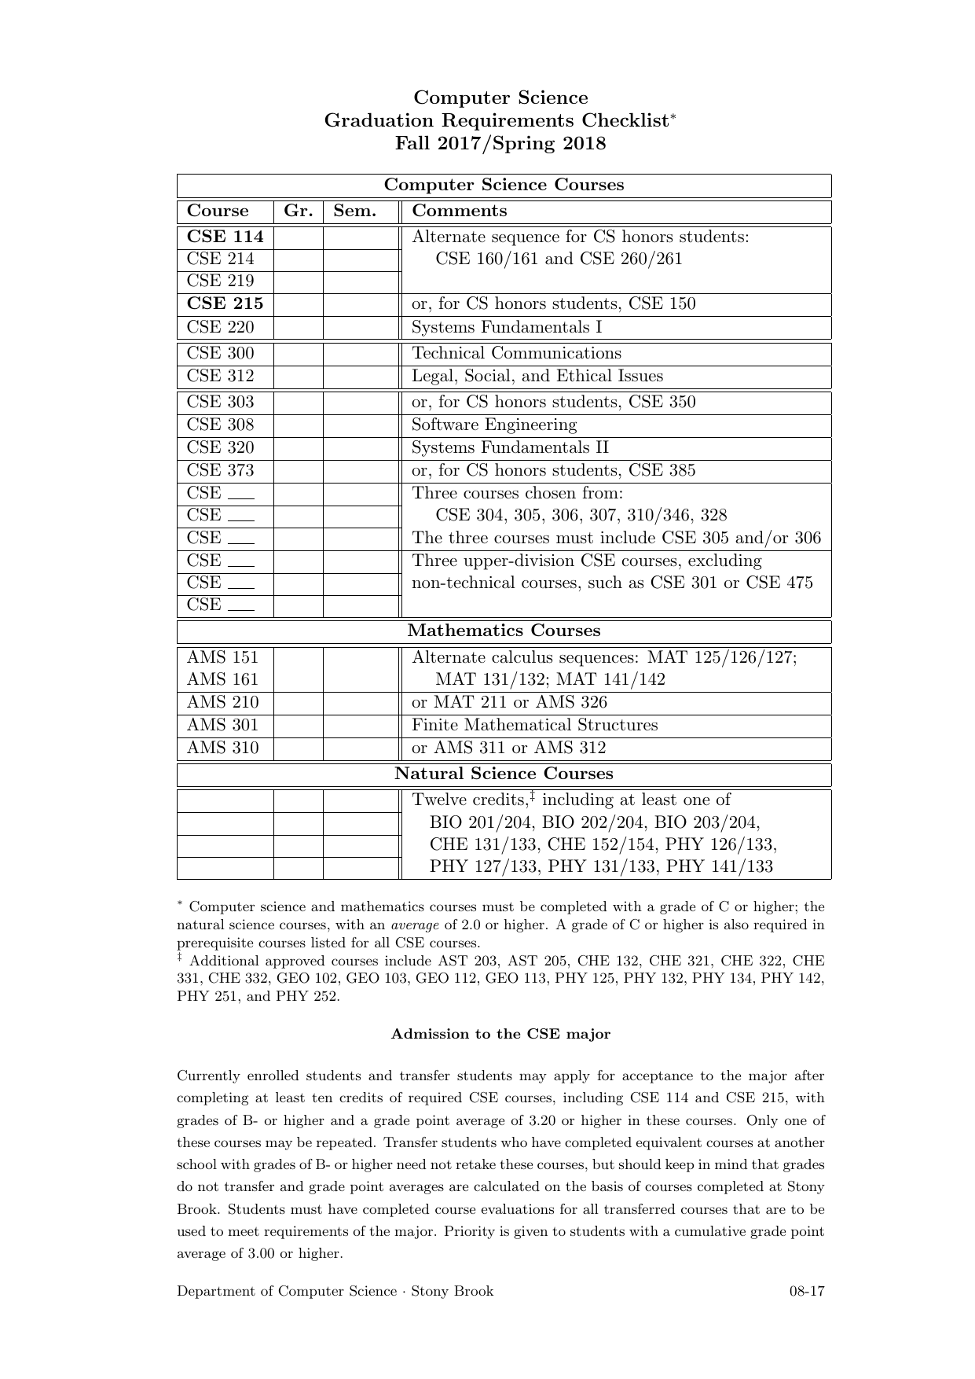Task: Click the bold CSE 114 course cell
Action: click(x=225, y=237)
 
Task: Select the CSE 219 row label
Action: click(x=220, y=281)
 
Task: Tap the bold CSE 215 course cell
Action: click(x=225, y=304)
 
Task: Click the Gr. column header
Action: click(x=299, y=211)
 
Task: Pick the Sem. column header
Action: click(x=355, y=211)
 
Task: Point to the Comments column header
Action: click(x=460, y=211)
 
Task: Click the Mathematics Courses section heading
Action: click(x=504, y=631)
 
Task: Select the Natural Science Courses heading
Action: click(x=504, y=774)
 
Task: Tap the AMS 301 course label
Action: click(x=222, y=726)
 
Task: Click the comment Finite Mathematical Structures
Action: click(x=535, y=726)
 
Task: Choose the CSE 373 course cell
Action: click(x=220, y=471)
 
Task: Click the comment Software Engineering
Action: click(x=494, y=425)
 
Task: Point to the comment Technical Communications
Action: click(x=516, y=354)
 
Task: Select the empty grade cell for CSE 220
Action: click(x=299, y=328)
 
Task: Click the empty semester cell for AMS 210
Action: click(x=361, y=703)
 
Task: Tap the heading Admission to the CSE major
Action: click(x=500, y=1034)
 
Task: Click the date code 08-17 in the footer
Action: click(x=807, y=1291)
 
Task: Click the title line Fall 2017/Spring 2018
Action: click(x=500, y=144)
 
